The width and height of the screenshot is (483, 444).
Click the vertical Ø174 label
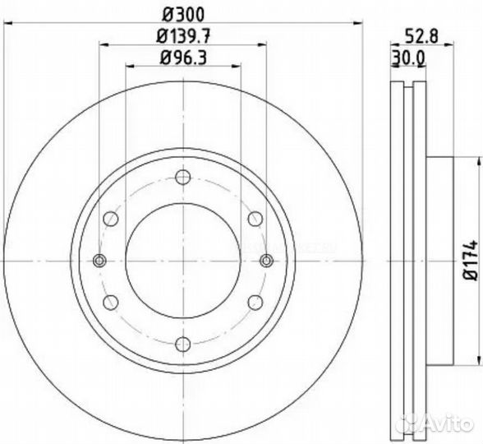pyautogui.click(x=471, y=261)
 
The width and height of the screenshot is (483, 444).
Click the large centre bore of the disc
pyautogui.click(x=182, y=261)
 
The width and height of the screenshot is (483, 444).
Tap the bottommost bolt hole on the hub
pyautogui.click(x=182, y=345)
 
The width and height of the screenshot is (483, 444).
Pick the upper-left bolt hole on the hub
pyautogui.click(x=109, y=218)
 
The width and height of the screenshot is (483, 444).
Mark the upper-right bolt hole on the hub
pyautogui.click(x=255, y=218)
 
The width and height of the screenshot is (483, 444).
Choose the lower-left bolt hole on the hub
pyautogui.click(x=109, y=303)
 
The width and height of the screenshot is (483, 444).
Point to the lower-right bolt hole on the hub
pyautogui.click(x=255, y=303)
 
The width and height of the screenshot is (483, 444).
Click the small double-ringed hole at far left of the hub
pyautogui.click(x=99, y=261)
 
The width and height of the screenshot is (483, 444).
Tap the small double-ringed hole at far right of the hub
pyautogui.click(x=265, y=261)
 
